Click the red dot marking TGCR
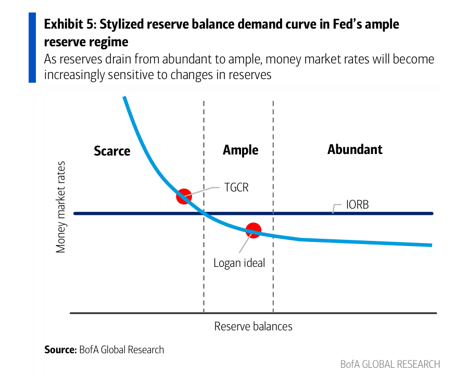coord(183,196)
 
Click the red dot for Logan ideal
coord(253,230)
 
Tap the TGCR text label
coord(236,187)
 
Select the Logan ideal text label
coord(239,263)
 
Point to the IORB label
coord(357,204)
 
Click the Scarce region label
coord(112,151)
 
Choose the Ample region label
coord(240,150)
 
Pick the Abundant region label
coord(354,149)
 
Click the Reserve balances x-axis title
coord(253,327)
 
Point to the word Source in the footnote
coord(60,350)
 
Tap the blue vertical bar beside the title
coord(32,48)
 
